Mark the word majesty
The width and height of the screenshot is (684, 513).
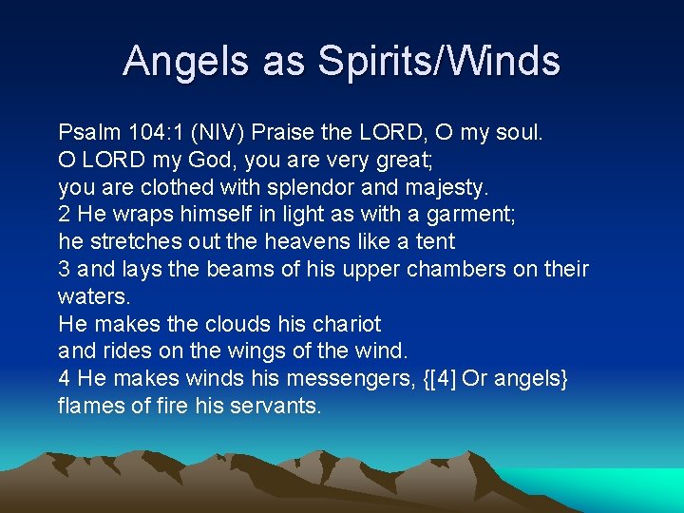coord(444,186)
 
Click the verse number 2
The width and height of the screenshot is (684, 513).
coord(65,215)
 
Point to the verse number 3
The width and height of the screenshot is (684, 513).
coord(65,269)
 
